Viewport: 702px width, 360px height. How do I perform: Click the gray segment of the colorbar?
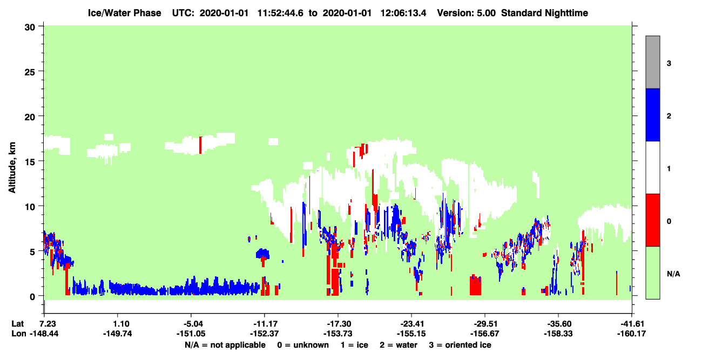click(652, 62)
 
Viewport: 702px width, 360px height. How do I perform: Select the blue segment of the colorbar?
click(652, 114)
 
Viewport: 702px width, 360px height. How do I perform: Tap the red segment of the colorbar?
click(652, 220)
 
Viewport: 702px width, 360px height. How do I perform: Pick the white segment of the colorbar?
click(652, 167)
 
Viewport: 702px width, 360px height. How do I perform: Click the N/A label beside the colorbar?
click(673, 274)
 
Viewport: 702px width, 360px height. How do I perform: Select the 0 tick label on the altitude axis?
click(32, 297)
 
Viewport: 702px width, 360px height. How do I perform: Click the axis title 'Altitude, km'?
click(12, 167)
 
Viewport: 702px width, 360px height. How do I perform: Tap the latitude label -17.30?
click(339, 324)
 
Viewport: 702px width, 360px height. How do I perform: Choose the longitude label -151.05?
click(191, 334)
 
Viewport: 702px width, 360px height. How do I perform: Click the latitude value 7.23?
click(46, 324)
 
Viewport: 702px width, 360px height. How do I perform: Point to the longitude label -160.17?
click(631, 334)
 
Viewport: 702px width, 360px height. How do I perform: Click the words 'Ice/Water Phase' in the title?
click(124, 13)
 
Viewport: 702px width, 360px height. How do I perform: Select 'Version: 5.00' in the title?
click(467, 13)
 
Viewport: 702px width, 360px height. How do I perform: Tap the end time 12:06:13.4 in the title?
click(403, 13)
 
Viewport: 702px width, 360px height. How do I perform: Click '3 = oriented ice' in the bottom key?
click(460, 345)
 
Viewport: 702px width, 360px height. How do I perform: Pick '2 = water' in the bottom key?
click(399, 345)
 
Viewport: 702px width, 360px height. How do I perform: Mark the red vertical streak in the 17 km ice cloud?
click(200, 145)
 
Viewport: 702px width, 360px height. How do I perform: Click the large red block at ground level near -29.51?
click(475, 285)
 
